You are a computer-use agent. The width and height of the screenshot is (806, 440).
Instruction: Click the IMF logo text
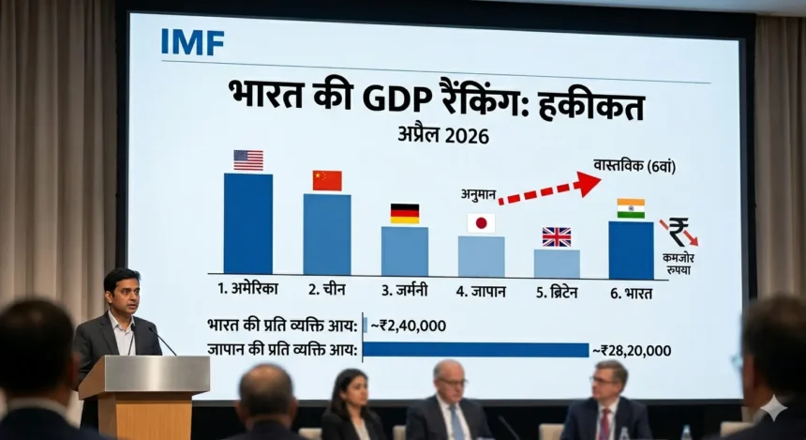(x=192, y=42)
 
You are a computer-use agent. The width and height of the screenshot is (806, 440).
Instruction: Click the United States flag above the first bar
(x=248, y=160)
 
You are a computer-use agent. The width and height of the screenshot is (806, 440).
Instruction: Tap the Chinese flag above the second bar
(x=327, y=180)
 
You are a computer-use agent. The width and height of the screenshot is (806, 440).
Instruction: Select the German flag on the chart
(x=405, y=214)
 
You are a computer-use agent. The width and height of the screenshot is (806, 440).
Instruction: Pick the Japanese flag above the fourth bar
(x=481, y=223)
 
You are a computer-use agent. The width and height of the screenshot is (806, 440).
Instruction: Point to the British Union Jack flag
(x=557, y=236)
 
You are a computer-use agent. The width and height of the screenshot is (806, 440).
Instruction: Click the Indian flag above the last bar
(x=631, y=208)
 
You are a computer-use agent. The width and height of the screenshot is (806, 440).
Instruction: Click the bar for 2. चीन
(x=327, y=235)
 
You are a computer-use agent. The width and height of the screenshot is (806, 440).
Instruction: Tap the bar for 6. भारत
(x=631, y=250)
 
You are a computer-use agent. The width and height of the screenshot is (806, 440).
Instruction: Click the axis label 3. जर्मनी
(x=404, y=292)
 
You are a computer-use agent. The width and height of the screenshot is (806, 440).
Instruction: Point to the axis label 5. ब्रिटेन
(x=558, y=292)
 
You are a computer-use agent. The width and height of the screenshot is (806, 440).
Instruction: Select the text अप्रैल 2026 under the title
(x=443, y=135)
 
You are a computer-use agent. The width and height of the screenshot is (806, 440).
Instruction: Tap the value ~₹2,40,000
(x=409, y=326)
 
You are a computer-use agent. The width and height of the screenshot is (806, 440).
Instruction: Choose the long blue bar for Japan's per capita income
(x=475, y=350)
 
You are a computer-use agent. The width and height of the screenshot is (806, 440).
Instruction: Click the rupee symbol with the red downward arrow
(x=679, y=231)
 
